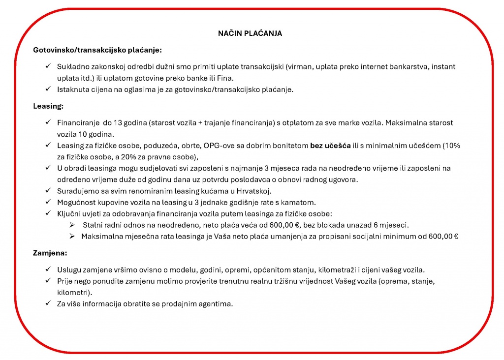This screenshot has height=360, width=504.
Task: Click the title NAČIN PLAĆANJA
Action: [x=250, y=33]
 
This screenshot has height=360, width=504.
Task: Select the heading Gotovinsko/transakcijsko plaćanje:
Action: [x=97, y=50]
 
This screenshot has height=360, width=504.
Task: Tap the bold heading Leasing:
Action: [x=48, y=106]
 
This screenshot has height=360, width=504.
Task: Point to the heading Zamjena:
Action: [x=50, y=253]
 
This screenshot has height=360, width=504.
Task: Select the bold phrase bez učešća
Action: [x=330, y=146]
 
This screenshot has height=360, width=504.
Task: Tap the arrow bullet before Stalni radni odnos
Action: [x=72, y=225]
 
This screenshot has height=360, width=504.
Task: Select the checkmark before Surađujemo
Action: [x=48, y=191]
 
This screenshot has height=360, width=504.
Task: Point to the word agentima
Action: [x=217, y=303]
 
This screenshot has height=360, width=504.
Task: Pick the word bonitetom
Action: [x=291, y=146]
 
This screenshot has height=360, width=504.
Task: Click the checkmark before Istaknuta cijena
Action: [x=48, y=89]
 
